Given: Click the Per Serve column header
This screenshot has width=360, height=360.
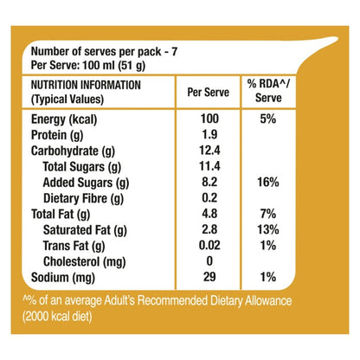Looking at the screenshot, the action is tap(209, 93).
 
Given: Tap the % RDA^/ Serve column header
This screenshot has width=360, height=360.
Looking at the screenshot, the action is tap(268, 91).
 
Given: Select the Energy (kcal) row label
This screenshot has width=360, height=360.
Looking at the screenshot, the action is tap(64, 119).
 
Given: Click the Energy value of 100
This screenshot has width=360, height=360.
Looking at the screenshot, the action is tap(209, 119).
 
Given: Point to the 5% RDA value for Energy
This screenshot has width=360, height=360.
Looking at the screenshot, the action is tap(268, 119).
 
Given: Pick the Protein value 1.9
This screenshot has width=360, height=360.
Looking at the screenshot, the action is tap(209, 134).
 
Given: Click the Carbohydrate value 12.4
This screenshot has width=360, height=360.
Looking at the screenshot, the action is tap(209, 151).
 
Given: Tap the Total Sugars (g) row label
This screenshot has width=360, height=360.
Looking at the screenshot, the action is tap(82, 167).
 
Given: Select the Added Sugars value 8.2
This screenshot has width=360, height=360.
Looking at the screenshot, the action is tap(209, 182).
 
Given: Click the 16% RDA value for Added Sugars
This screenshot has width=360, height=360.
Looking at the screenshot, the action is tap(268, 183).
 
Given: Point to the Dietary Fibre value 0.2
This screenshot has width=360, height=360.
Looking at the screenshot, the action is tap(209, 198).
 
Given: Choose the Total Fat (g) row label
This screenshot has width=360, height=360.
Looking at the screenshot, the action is tap(61, 215).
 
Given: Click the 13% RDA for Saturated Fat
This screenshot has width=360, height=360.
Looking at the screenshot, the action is tap(268, 230).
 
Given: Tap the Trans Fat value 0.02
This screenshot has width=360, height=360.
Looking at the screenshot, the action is tap(209, 246).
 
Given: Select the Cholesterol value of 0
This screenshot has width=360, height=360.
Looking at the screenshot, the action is tap(209, 261).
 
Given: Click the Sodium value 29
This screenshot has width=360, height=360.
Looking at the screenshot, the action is tap(209, 277).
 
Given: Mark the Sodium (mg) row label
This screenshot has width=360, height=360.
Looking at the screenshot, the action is tap(63, 278).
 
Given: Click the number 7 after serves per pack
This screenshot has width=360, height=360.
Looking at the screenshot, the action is tap(174, 52).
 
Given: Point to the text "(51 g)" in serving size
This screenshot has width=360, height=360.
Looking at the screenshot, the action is tap(132, 66).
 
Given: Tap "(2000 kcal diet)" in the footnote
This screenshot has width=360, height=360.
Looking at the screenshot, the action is tap(57, 317).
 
